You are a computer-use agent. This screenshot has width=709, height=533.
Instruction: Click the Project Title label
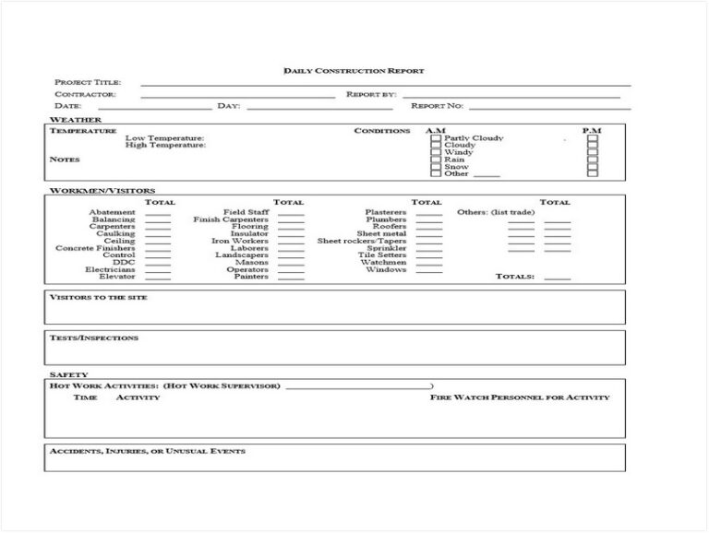(x=88, y=82)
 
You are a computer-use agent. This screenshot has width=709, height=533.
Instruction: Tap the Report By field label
(x=371, y=94)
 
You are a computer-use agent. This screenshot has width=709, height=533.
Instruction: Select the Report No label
(x=438, y=106)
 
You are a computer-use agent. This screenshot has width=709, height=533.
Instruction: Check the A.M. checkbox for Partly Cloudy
(x=436, y=138)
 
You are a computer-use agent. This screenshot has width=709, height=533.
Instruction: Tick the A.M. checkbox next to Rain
(x=436, y=160)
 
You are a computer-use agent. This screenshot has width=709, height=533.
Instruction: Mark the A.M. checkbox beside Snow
(x=436, y=167)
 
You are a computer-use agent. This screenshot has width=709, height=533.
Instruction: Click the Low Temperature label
(x=165, y=137)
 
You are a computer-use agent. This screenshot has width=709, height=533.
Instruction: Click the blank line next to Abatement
(x=158, y=214)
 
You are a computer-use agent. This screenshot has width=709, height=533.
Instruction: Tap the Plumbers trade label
(x=386, y=219)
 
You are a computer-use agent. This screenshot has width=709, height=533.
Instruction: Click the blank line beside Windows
(x=428, y=271)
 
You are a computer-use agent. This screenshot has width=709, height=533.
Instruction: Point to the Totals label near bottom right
(x=515, y=277)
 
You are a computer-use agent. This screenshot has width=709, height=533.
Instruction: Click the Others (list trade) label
(x=497, y=213)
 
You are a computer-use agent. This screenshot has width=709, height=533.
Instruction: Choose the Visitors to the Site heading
(x=98, y=298)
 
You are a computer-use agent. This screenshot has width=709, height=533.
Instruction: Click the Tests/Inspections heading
(x=93, y=338)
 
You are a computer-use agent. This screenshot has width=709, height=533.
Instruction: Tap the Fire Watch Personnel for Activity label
(x=520, y=397)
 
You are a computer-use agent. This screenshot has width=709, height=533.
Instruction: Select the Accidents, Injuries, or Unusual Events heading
(x=147, y=452)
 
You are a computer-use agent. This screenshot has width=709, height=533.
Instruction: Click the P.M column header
(x=592, y=131)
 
